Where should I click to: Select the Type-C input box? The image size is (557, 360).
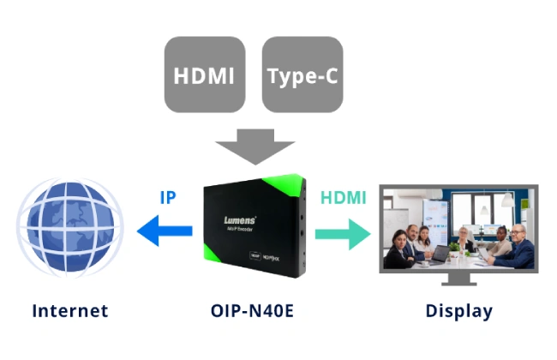click(302, 75)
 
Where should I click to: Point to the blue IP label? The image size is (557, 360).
click(169, 197)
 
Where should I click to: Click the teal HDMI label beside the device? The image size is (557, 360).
click(343, 197)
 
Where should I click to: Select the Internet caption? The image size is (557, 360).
click(70, 310)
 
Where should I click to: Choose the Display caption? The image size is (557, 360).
click(458, 310)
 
